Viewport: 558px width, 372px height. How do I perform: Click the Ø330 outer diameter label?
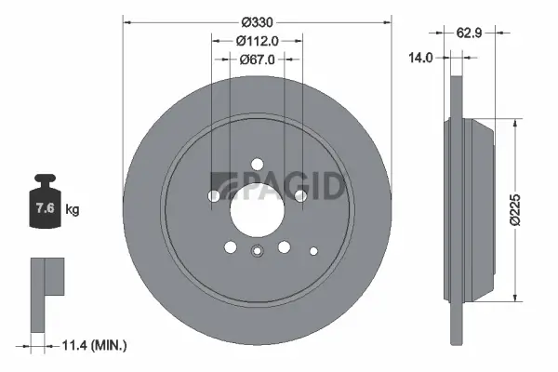(x=258, y=21)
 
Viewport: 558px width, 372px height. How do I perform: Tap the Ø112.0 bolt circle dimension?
(x=258, y=41)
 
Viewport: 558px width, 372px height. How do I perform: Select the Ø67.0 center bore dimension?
(x=258, y=60)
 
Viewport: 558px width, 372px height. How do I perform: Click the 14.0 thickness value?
(x=422, y=58)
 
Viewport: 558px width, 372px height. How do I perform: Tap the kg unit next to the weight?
(x=73, y=210)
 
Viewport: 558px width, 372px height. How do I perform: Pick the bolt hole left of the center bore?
(x=215, y=196)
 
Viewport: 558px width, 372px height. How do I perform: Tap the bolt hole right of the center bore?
(x=301, y=196)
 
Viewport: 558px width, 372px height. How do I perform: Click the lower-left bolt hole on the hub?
(x=231, y=246)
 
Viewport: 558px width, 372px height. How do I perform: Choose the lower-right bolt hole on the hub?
(x=285, y=246)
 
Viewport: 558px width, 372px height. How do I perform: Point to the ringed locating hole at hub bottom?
(x=258, y=248)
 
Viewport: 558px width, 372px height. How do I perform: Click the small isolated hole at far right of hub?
(x=313, y=248)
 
